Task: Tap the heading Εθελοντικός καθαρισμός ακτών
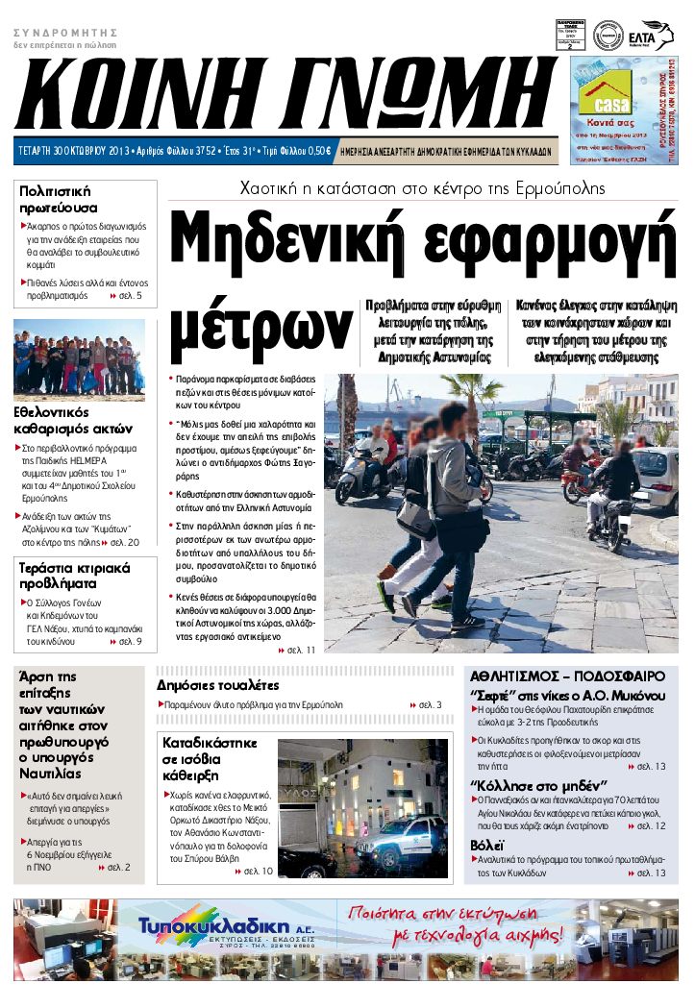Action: tap(73, 420)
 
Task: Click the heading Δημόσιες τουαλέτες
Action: tap(218, 685)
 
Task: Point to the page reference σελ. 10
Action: tap(258, 872)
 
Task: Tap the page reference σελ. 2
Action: tap(119, 868)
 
